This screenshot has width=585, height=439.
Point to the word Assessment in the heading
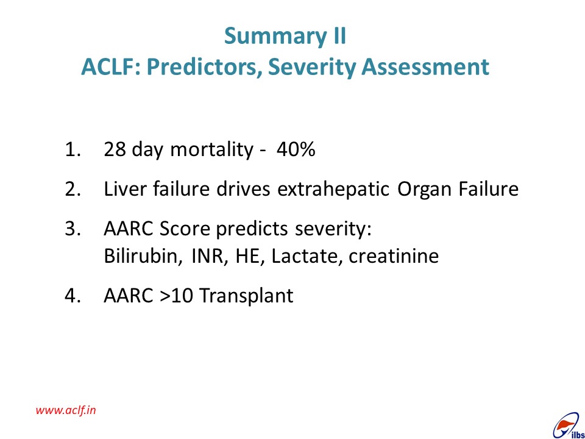tap(425, 67)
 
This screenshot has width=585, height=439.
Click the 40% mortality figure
tap(296, 149)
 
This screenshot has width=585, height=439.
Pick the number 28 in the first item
tap(115, 149)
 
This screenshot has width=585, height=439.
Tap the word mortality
tap(211, 150)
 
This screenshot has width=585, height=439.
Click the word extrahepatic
tap(333, 189)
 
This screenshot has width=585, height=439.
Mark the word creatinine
tap(394, 256)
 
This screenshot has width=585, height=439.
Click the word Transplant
tap(246, 296)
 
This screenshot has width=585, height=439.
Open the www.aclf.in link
tap(66, 410)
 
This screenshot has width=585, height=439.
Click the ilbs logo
tap(568, 427)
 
